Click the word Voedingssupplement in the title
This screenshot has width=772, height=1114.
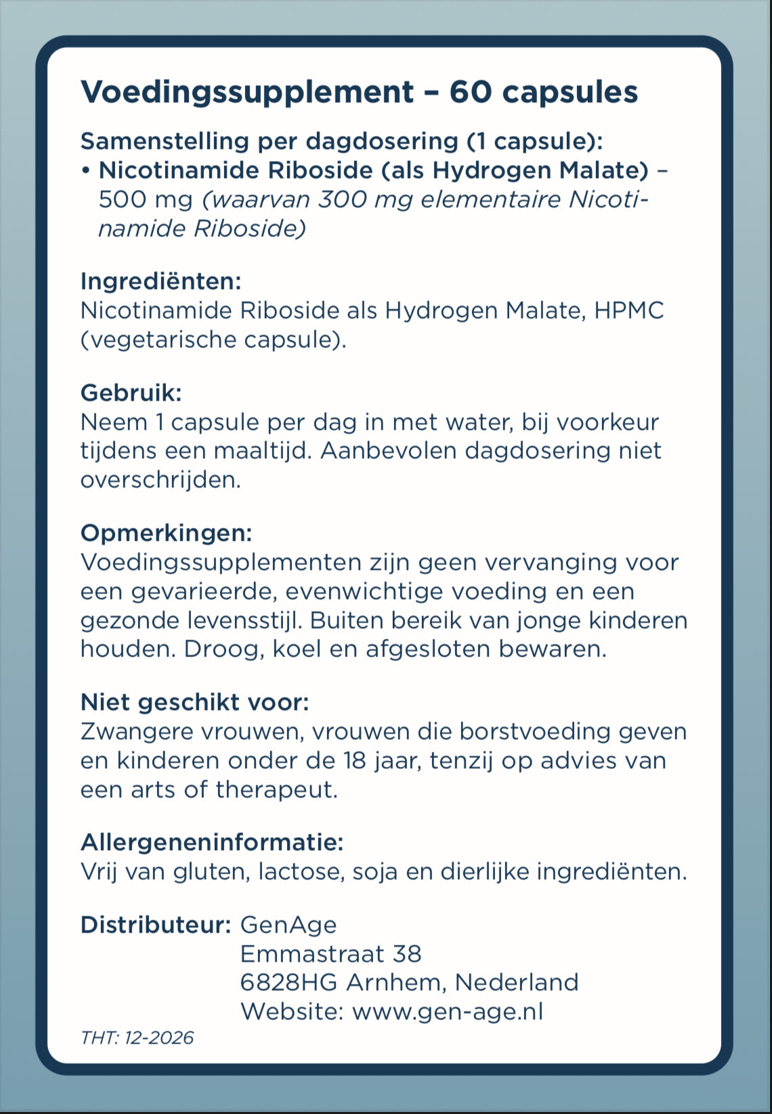247,93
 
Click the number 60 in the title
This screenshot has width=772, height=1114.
471,92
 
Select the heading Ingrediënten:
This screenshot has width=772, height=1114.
160,281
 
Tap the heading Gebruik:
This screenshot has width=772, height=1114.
131,393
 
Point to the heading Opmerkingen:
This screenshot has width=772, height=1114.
166,533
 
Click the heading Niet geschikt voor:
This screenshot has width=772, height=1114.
194,703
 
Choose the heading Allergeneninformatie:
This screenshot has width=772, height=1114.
212,843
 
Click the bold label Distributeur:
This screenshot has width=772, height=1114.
156,924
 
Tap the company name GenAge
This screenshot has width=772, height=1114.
288,925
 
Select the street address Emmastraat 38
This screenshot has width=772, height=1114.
330,954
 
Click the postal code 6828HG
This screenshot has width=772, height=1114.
288,982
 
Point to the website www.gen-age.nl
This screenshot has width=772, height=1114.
448,1011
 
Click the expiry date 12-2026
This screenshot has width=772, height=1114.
159,1038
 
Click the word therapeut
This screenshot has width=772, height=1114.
276,790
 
